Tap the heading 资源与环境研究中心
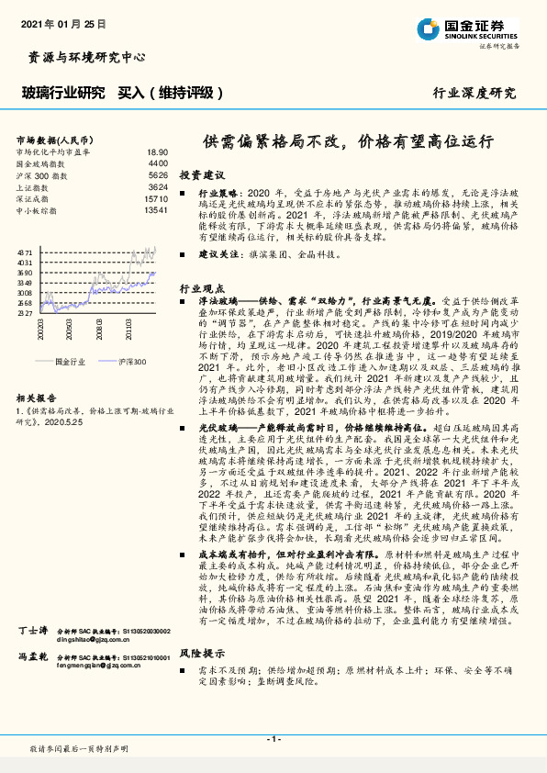82,57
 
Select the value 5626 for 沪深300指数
158,174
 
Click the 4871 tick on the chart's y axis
25,251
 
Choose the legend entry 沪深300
131,363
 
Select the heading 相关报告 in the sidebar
38,398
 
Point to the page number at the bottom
273,738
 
